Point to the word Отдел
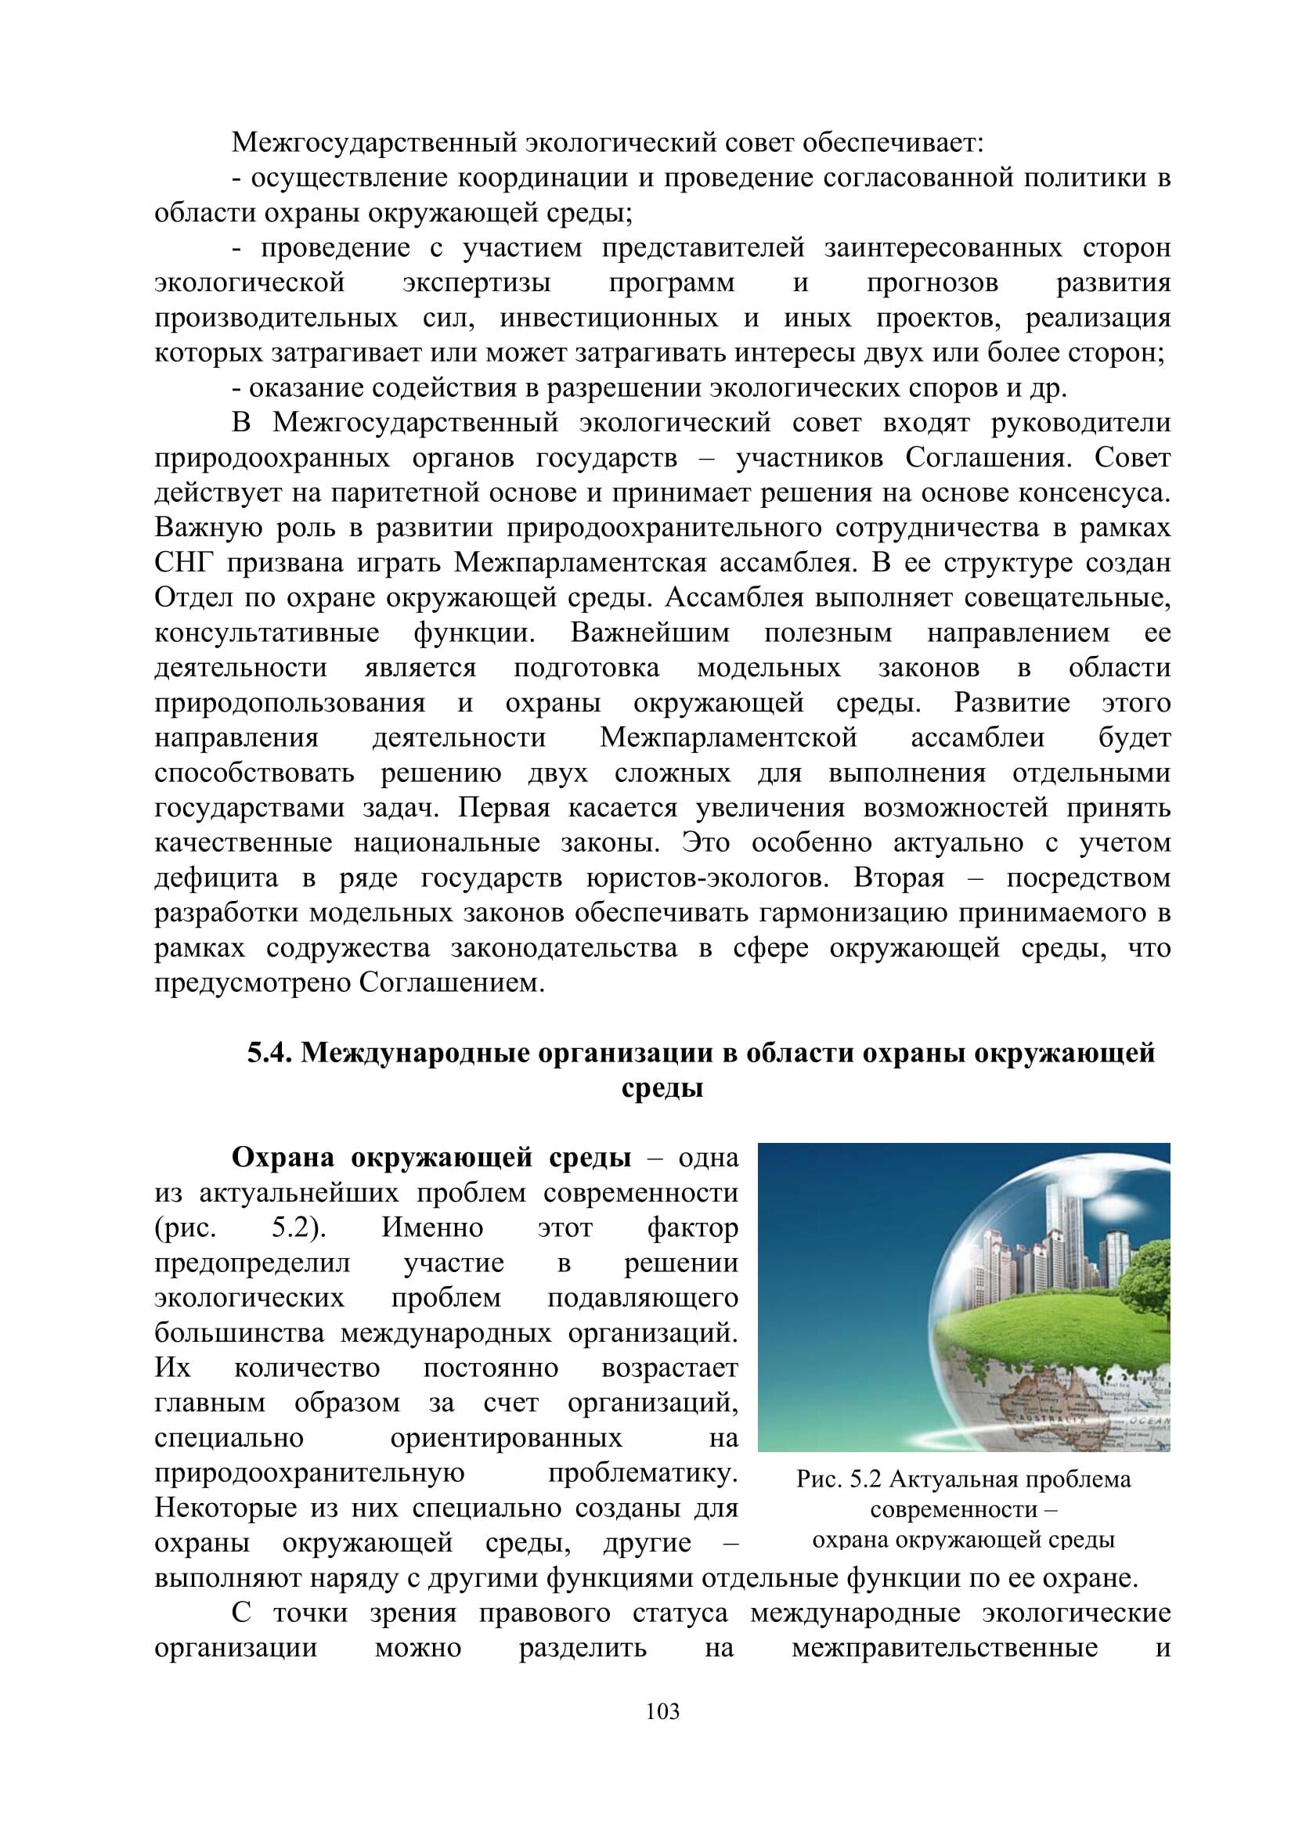(184, 598)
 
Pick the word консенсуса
(1094, 493)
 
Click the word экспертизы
(476, 283)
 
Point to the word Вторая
(899, 878)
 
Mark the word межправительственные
(944, 1648)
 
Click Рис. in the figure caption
(819, 1480)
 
